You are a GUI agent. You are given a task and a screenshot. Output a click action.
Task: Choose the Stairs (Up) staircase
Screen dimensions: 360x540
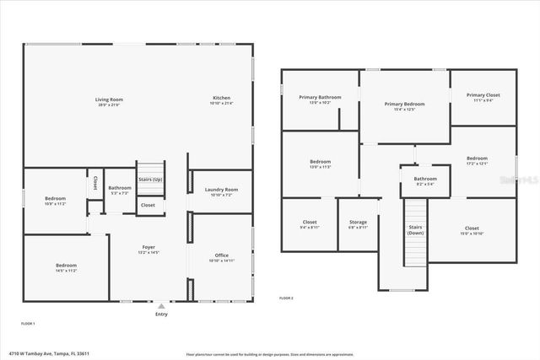point(150,179)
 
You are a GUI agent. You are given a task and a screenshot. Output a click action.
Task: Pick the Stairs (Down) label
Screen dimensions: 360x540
point(415,228)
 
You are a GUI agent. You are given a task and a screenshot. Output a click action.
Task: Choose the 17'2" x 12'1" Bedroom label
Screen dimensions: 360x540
point(477,160)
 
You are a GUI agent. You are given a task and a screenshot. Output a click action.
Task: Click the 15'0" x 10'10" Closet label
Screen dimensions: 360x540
point(471,230)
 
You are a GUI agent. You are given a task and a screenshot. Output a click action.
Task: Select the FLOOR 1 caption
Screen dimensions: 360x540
point(28,323)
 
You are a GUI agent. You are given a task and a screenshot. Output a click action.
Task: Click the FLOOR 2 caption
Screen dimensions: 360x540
point(287,298)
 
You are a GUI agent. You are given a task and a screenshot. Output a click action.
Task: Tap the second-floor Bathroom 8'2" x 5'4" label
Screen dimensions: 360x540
point(424,180)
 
